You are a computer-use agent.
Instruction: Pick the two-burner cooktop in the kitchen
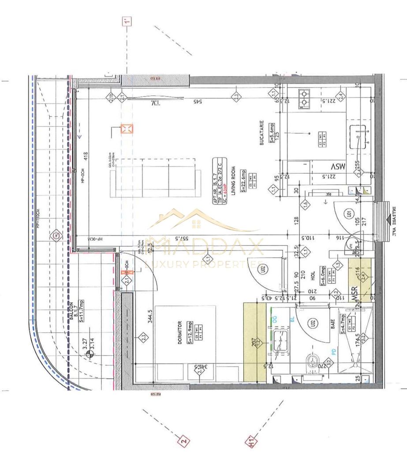[x=304, y=99]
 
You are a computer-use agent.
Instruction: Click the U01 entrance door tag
[x=349, y=216]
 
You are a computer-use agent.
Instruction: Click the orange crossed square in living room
[x=127, y=129]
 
